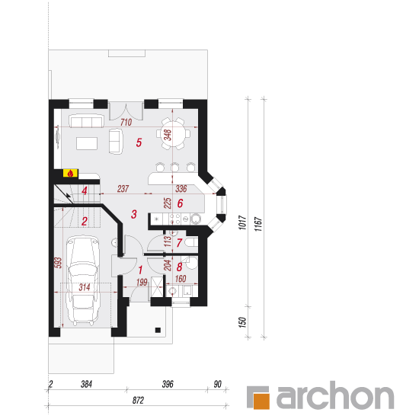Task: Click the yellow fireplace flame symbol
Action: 71,173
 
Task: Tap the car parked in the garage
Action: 83,280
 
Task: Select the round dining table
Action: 173,133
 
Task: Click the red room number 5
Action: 139,142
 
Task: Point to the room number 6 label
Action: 180,203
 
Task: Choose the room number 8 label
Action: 179,267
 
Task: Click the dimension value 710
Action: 126,122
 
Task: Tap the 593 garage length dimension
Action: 58,263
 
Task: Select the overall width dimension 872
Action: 138,400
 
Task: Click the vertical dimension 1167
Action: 258,224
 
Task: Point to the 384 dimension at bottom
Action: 86,384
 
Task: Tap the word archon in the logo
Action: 335,395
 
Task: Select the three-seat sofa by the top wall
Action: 86,121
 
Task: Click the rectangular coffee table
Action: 87,143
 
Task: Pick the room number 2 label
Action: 85,221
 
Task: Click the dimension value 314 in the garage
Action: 85,287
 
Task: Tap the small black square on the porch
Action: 158,331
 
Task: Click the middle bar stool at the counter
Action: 174,167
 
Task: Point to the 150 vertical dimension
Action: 241,322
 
